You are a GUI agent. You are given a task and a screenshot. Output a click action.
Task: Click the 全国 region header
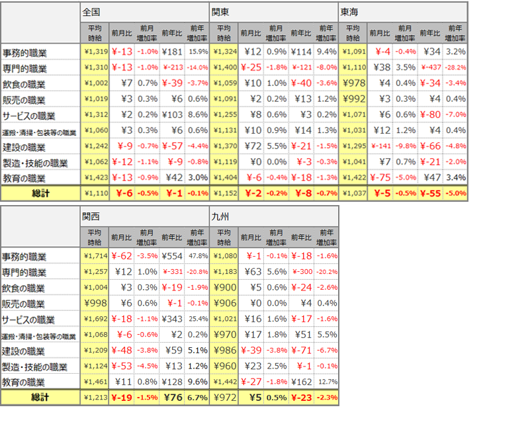click(x=91, y=11)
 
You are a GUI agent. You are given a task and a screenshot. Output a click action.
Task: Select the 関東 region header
click(x=220, y=11)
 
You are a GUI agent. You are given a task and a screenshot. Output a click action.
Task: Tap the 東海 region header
click(x=349, y=11)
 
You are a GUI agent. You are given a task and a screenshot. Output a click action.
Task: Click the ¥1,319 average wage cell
click(x=93, y=52)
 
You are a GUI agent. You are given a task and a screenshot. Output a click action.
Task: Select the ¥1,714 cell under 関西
click(x=93, y=255)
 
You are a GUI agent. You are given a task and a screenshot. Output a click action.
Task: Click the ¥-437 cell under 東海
click(x=430, y=67)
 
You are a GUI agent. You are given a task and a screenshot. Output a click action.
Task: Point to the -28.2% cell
click(x=455, y=67)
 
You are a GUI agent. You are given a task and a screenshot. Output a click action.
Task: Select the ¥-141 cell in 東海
click(x=380, y=146)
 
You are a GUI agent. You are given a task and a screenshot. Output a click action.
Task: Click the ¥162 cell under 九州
click(x=300, y=381)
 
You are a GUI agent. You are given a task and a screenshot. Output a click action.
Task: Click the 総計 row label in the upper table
click(x=40, y=193)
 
